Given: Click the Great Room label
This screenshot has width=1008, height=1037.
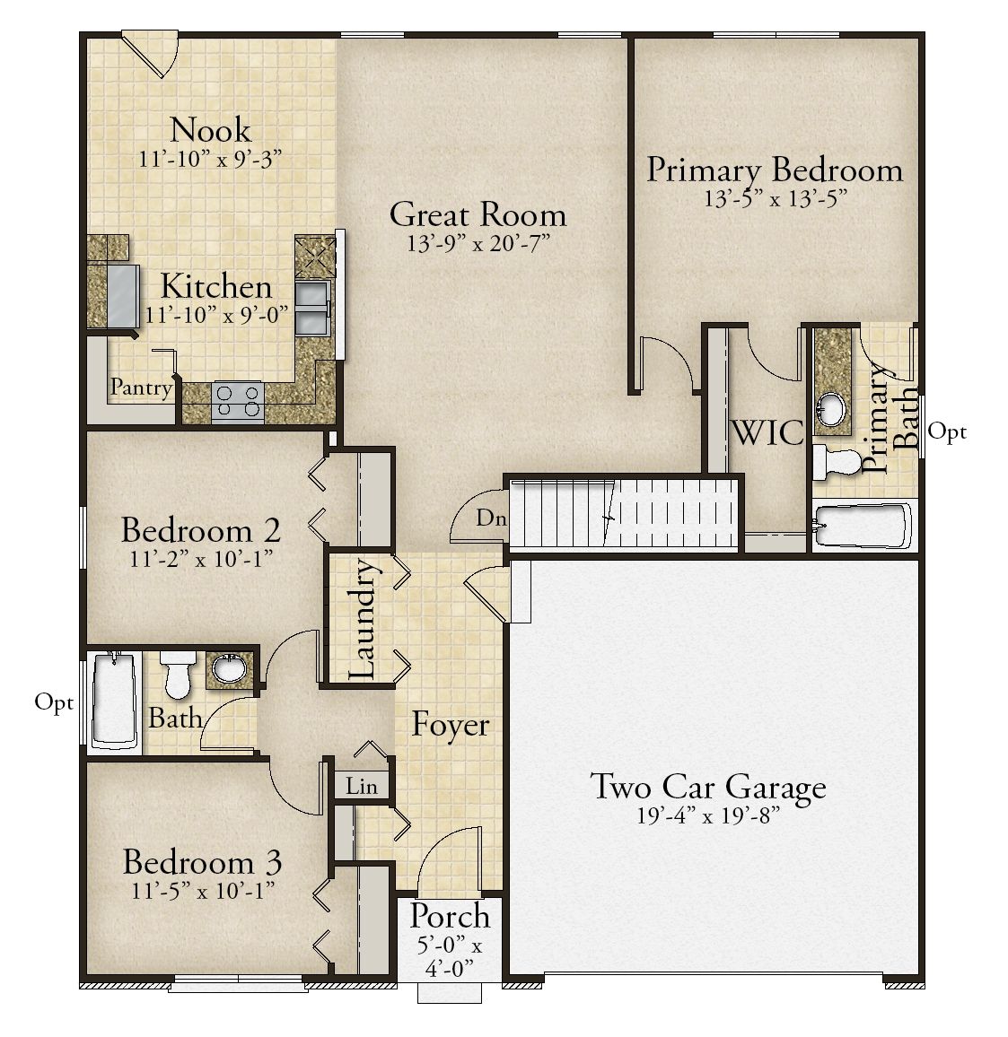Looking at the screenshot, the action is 478,215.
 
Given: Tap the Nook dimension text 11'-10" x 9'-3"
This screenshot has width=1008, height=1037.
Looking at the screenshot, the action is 210,160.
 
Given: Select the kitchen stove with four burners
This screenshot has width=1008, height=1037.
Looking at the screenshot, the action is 238,402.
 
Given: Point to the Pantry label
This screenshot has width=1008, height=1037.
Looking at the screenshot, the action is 141,387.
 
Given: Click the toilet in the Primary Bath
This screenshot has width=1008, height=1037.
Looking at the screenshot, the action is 836,462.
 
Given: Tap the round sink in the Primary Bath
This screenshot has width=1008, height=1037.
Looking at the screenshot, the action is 831,409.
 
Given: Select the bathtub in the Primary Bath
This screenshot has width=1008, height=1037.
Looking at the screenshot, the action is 862,527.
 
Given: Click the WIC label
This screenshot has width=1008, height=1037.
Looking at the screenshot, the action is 767,432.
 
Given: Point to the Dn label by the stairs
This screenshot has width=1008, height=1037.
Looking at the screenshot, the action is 491,518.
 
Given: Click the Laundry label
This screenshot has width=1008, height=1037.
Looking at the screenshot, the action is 363,620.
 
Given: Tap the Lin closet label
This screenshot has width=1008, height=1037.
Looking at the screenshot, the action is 362,787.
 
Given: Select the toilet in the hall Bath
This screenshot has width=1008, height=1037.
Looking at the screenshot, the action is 178,674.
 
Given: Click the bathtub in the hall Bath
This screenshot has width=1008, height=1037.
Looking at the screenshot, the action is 114,701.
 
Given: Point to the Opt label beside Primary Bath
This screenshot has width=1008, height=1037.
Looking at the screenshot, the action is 947,431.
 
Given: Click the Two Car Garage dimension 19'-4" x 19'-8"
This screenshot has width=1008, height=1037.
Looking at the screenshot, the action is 707,816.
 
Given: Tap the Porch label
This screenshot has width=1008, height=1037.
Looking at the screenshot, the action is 450,916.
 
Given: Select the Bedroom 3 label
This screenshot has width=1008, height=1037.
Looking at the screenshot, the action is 203,862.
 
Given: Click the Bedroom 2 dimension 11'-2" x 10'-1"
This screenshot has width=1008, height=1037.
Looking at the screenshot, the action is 201,560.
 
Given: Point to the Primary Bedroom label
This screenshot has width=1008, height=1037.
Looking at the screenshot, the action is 775,170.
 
